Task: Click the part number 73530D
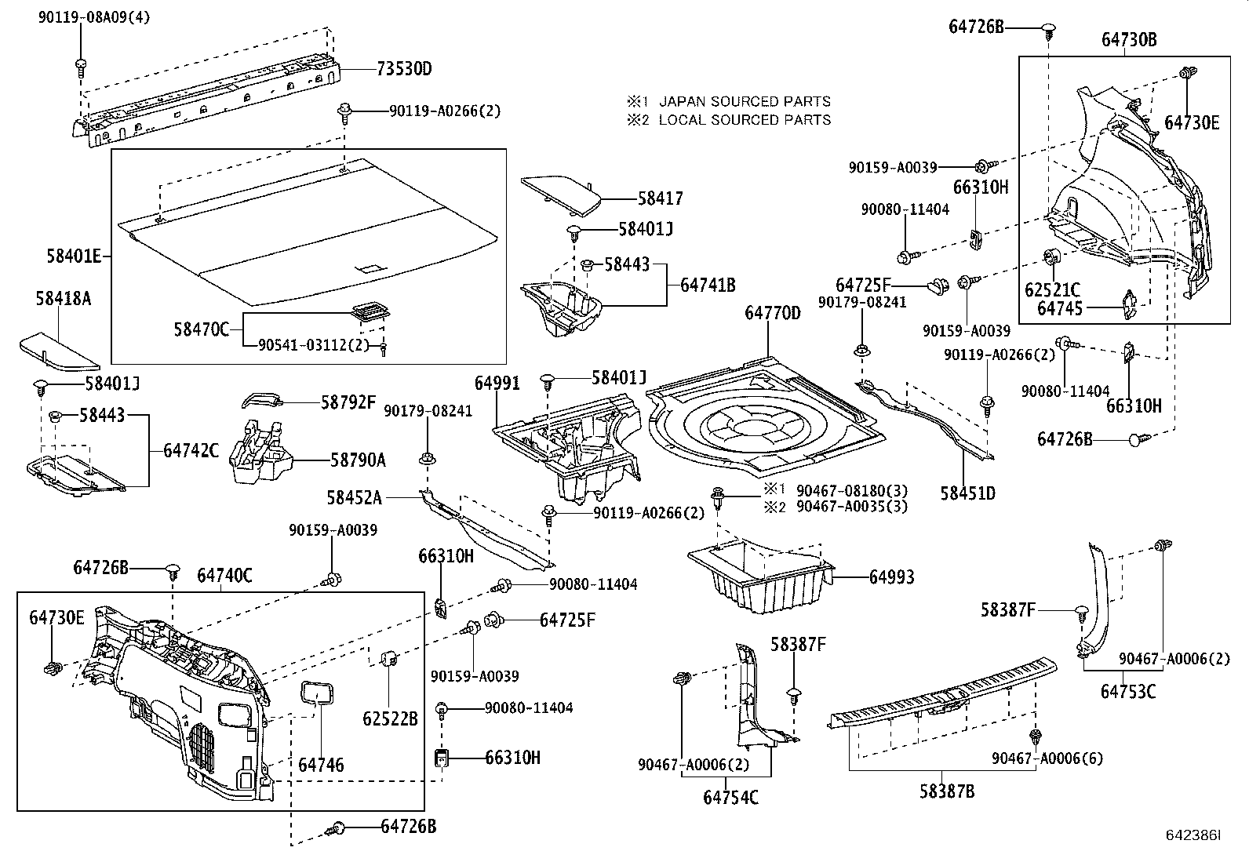pos(404,69)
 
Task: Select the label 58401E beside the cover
pos(74,256)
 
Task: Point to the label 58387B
pos(947,791)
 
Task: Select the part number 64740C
pos(224,576)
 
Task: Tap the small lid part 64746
pos(317,693)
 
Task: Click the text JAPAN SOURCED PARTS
pos(744,101)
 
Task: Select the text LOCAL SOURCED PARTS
pos(744,120)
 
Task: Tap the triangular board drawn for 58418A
pos(58,351)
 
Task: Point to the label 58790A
pos(357,460)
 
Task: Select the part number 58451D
pos(967,493)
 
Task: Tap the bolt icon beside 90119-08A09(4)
pos(80,64)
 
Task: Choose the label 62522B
pos(390,718)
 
